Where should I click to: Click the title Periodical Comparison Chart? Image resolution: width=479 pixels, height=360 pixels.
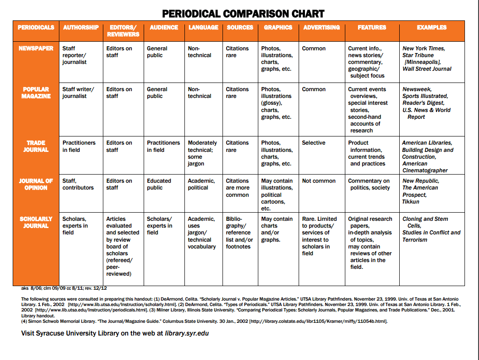point(243,14)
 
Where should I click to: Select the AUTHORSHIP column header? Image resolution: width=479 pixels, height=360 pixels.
point(81,27)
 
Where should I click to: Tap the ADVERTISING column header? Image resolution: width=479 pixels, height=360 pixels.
point(321,27)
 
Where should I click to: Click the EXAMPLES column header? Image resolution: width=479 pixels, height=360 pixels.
point(431,27)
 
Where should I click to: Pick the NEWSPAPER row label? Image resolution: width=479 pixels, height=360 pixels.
point(36,49)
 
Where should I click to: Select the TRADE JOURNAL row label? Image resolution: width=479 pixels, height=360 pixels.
point(36,146)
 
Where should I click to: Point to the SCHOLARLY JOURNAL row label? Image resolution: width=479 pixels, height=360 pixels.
point(36,222)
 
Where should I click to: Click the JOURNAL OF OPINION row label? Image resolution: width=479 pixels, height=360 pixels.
point(36,184)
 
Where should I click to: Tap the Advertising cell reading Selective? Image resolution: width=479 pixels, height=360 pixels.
point(314,143)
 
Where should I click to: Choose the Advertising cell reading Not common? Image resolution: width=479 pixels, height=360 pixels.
point(319,181)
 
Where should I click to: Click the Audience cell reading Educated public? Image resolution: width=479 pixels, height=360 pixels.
point(159,184)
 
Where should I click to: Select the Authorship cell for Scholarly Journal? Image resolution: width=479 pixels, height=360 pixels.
point(75,225)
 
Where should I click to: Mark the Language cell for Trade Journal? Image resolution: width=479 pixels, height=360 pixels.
point(202,153)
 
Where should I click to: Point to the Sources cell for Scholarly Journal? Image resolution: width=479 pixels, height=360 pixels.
point(239,233)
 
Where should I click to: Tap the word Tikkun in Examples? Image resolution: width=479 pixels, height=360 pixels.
point(411,201)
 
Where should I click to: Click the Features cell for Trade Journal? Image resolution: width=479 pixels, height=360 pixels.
point(367,153)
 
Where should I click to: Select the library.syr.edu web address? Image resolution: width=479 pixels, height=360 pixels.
point(187,333)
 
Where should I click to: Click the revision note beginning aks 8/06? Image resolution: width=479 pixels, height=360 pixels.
point(64,288)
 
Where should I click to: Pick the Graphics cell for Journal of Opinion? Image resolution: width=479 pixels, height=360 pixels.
point(277,195)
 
